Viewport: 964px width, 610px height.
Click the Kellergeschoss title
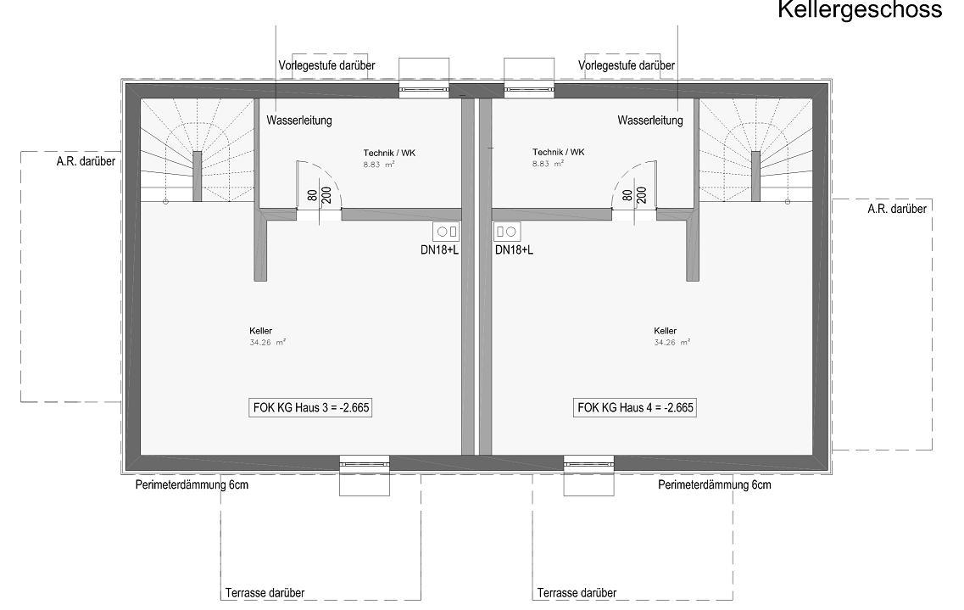click(860, 10)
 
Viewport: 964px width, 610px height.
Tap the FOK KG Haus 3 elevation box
click(311, 408)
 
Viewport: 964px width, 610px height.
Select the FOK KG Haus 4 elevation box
click(635, 408)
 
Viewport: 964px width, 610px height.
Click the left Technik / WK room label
click(389, 153)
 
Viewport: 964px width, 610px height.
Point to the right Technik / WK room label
click(558, 152)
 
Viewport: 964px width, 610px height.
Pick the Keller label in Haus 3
click(260, 331)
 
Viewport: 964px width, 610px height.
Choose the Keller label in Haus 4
click(666, 331)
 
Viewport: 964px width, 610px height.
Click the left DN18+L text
click(439, 250)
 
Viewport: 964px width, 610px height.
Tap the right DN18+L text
click(514, 250)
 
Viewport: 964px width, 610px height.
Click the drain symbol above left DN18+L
click(446, 232)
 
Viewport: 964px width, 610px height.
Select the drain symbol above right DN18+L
click(507, 232)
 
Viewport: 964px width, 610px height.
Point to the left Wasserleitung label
click(298, 120)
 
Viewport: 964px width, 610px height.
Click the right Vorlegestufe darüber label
click(627, 65)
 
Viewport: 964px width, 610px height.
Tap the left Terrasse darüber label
click(265, 593)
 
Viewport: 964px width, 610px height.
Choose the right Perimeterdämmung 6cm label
click(715, 484)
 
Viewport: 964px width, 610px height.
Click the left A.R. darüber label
click(86, 162)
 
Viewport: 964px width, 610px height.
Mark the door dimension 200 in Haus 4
click(641, 195)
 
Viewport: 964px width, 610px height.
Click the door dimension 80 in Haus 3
click(312, 195)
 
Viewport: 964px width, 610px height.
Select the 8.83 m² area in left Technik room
click(379, 165)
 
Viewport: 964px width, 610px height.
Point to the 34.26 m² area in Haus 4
click(672, 343)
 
